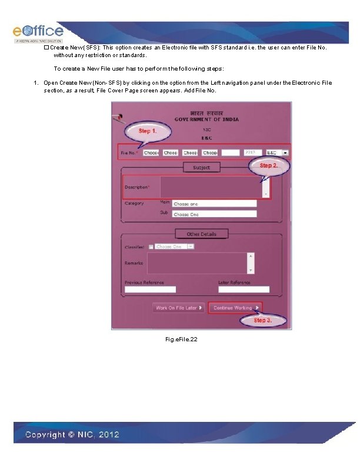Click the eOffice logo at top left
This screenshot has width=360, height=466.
38,32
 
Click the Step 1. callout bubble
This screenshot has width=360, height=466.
148,131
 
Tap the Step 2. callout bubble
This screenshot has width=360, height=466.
268,166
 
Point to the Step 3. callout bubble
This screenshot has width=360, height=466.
263,320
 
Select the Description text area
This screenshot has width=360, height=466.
211,187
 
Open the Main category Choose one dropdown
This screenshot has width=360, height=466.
214,204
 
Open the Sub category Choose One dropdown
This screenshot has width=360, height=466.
214,214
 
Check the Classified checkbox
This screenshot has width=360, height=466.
151,247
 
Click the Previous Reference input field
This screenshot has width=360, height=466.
150,289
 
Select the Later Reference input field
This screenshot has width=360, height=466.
244,289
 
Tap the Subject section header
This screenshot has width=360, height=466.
201,168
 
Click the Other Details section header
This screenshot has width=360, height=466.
201,234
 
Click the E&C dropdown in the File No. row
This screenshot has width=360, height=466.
278,152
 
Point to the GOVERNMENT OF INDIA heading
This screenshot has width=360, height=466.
206,119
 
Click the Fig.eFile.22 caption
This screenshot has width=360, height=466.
182,339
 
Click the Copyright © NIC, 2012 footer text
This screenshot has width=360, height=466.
72,435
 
